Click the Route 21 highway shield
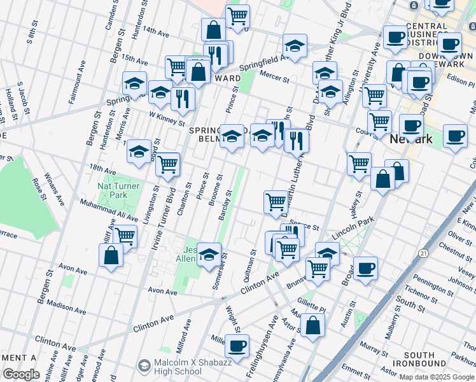click(423, 253)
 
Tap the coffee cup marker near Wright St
click(237, 346)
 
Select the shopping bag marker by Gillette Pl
click(313, 325)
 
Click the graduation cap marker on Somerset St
click(209, 255)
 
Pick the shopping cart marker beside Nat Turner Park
click(125, 236)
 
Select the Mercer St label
click(274, 77)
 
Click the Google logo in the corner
click(21, 374)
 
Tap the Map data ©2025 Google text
click(437, 377)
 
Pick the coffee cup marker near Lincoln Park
click(365, 269)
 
